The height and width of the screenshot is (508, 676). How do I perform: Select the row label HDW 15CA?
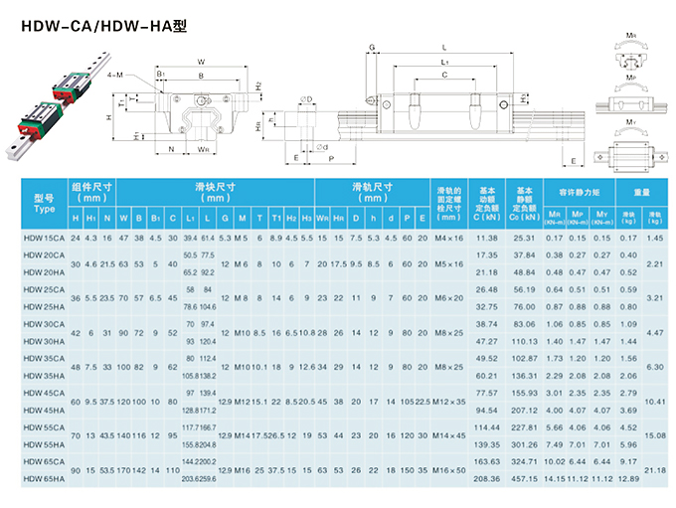pyautogui.click(x=44, y=238)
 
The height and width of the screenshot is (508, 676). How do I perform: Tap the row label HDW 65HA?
pyautogui.click(x=44, y=480)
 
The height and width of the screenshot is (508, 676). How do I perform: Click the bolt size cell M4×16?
pyautogui.click(x=449, y=238)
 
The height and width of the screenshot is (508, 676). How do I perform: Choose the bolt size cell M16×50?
pyautogui.click(x=449, y=470)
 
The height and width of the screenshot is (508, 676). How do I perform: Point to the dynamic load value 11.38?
pyautogui.click(x=486, y=238)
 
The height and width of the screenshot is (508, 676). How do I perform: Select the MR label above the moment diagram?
pyautogui.click(x=631, y=35)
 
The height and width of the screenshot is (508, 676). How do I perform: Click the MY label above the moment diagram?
pyautogui.click(x=631, y=121)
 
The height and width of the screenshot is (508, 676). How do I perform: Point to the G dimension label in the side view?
pyautogui.click(x=372, y=47)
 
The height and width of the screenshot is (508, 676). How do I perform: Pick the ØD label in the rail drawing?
pyautogui.click(x=306, y=98)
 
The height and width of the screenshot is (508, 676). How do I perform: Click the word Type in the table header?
pyautogui.click(x=44, y=210)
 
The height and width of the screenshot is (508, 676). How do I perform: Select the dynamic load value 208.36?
pyautogui.click(x=486, y=480)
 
